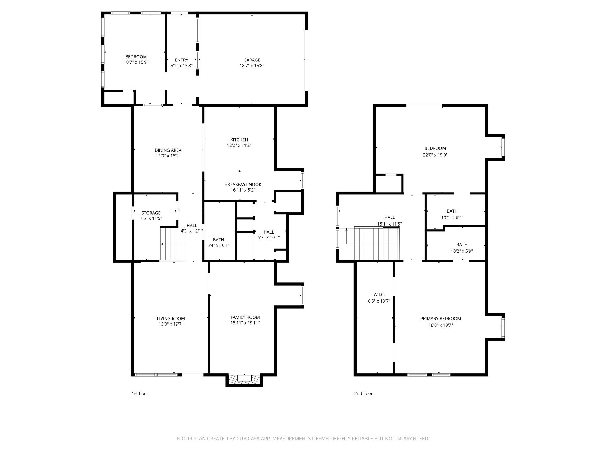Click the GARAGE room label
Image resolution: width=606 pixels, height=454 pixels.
(252, 60)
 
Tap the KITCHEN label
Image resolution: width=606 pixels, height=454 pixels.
(239, 140)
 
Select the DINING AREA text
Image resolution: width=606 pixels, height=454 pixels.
(168, 150)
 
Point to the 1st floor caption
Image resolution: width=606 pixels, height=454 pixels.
(140, 393)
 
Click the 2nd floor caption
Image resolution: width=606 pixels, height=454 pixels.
(363, 393)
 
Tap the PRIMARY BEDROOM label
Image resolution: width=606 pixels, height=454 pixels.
(441, 319)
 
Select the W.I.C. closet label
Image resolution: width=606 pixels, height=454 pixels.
(379, 294)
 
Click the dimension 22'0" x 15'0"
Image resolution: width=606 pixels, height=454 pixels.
(435, 155)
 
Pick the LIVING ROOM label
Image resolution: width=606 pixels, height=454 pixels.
(171, 319)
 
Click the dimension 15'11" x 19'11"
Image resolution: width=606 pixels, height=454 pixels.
(245, 323)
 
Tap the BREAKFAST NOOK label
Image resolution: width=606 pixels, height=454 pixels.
(243, 184)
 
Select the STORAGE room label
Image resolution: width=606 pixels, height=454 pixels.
(151, 213)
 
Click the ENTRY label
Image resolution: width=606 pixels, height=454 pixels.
(181, 60)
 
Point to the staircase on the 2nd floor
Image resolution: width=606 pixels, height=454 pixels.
(377, 244)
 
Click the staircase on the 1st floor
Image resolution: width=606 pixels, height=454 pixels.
(173, 244)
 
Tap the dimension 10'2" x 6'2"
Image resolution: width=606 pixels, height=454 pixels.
(452, 218)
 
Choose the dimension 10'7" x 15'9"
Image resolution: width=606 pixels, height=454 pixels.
(136, 62)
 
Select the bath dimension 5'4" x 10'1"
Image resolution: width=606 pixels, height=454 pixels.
(218, 245)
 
